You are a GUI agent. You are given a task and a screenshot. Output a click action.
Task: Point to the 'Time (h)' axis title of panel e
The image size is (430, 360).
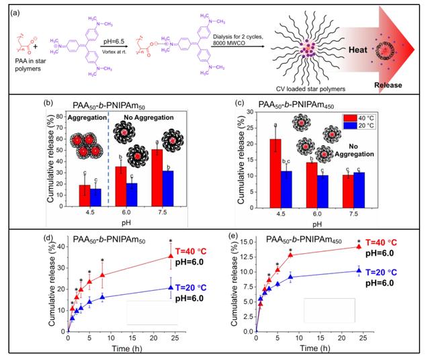click(x=318, y=350)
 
